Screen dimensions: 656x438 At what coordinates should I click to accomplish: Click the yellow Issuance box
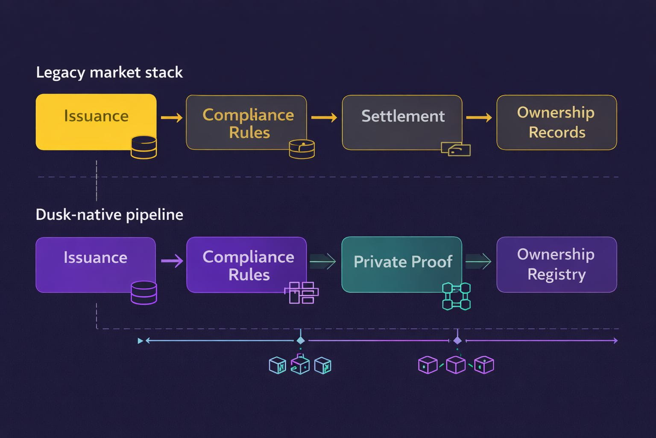coord(96,122)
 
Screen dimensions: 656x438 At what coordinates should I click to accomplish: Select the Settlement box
coord(402,122)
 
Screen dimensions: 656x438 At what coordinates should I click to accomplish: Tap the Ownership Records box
coord(557,122)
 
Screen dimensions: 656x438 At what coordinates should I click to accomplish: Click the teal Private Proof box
coord(402,264)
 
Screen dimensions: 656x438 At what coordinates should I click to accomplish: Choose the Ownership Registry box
coord(557,265)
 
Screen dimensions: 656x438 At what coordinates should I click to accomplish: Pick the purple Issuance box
coord(96,265)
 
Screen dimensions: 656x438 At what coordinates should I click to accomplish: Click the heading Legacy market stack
coord(109,72)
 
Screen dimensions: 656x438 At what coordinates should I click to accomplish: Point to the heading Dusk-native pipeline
coord(109,215)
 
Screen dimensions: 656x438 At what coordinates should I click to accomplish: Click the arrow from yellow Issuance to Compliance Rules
coord(172,118)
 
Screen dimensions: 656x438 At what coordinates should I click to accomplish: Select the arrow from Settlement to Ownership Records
coord(479,118)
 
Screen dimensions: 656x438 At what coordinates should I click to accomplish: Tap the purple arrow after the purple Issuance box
coord(172,261)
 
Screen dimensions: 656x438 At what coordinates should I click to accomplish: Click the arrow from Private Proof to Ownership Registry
coord(478,261)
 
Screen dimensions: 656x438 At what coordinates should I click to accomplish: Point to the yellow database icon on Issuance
coord(143,147)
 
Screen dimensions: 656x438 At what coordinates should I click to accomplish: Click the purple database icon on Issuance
coord(144,293)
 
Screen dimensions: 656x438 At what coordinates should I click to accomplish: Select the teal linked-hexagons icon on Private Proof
coord(456,296)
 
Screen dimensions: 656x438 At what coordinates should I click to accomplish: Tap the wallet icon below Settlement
coord(456,149)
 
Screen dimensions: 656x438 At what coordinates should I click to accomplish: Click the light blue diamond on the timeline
coord(301,340)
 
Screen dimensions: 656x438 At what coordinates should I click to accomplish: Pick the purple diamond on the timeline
coord(457,340)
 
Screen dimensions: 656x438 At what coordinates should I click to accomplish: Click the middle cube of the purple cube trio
coord(456,365)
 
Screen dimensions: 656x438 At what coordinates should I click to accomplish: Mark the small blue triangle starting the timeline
coord(140,340)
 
